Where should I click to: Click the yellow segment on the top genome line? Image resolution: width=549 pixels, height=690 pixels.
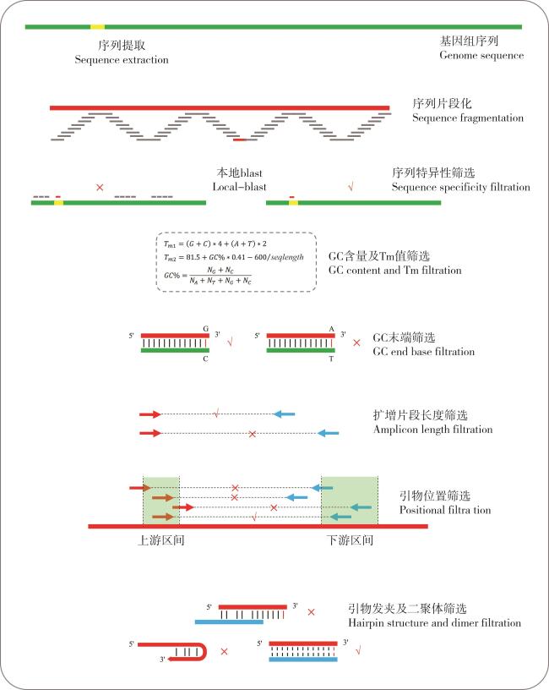point(97,27)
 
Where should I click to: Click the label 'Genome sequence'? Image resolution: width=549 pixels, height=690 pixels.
point(481,56)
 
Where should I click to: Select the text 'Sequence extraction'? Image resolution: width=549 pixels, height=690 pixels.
point(122,60)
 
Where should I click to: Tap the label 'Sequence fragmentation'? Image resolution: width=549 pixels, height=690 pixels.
point(468,118)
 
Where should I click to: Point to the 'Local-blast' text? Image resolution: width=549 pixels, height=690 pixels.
point(239,187)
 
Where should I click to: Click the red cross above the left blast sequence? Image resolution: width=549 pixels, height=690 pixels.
point(100,188)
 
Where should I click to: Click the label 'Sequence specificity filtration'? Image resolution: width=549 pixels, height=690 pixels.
point(460,187)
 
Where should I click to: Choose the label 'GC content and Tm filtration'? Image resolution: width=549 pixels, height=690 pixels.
point(394,271)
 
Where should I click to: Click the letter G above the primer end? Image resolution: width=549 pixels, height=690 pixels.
point(205,329)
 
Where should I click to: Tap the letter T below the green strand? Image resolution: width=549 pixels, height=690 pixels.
point(331,359)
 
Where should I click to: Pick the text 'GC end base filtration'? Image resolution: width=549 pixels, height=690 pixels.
point(423,352)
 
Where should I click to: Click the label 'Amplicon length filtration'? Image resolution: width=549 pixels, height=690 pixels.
point(432,430)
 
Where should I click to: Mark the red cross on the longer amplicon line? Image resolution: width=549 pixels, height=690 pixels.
point(253,434)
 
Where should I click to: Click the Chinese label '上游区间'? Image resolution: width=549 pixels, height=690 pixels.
point(160,540)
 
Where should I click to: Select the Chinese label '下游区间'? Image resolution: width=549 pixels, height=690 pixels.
point(350,540)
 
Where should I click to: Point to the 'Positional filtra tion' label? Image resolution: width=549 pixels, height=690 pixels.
point(445,510)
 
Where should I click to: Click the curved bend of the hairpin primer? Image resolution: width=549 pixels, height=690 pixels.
point(203,652)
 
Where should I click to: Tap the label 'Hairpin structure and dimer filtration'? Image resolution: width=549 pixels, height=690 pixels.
point(434,623)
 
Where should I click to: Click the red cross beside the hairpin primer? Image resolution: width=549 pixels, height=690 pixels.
point(224,651)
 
